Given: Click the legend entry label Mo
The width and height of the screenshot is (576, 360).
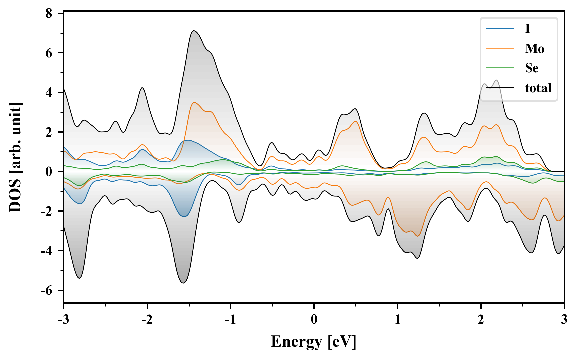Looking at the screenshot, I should [534, 49].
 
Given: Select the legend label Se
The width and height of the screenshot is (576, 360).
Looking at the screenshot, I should [532, 68].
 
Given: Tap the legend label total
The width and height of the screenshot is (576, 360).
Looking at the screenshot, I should [538, 88].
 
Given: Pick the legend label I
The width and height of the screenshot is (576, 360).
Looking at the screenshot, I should [527, 29].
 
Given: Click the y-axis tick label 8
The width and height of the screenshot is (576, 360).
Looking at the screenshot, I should [49, 13].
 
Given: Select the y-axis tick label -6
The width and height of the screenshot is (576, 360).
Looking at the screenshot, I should [47, 290].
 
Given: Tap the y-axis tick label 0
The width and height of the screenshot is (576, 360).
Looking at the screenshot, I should [49, 172].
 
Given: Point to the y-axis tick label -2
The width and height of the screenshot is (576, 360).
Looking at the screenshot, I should [47, 211].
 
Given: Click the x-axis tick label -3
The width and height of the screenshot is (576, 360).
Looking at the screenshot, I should [63, 320].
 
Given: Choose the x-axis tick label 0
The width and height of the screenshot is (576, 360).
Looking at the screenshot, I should [314, 320].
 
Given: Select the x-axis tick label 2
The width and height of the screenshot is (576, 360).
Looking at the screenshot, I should [480, 320].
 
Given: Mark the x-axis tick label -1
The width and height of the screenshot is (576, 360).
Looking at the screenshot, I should [230, 320].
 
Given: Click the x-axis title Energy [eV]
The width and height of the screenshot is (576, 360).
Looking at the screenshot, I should [314, 342].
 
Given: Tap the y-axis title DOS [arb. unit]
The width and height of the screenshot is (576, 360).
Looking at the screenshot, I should [15, 158].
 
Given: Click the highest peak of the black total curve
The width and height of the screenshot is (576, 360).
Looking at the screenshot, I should [194, 31].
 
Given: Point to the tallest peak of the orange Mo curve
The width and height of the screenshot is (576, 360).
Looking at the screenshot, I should [194, 102].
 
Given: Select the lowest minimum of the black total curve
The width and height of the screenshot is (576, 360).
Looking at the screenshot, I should [183, 283].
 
